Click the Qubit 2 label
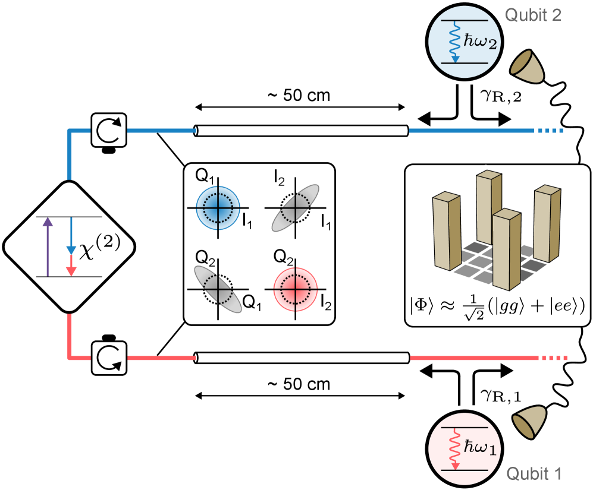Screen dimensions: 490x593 (533, 15)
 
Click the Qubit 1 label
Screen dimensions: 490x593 (534, 473)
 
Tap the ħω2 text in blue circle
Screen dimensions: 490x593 (479, 42)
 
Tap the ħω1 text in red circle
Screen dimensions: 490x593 (479, 447)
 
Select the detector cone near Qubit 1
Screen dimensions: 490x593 (530, 423)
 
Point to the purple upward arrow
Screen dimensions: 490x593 (48, 246)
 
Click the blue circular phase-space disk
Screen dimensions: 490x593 (218, 208)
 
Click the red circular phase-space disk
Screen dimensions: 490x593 (296, 289)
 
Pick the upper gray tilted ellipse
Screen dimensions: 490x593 (296, 208)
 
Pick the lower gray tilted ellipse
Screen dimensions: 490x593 (218, 289)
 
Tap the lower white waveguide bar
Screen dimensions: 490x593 (302, 358)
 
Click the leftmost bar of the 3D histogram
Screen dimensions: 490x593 (446, 232)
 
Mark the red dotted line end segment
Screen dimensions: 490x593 (554, 358)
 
